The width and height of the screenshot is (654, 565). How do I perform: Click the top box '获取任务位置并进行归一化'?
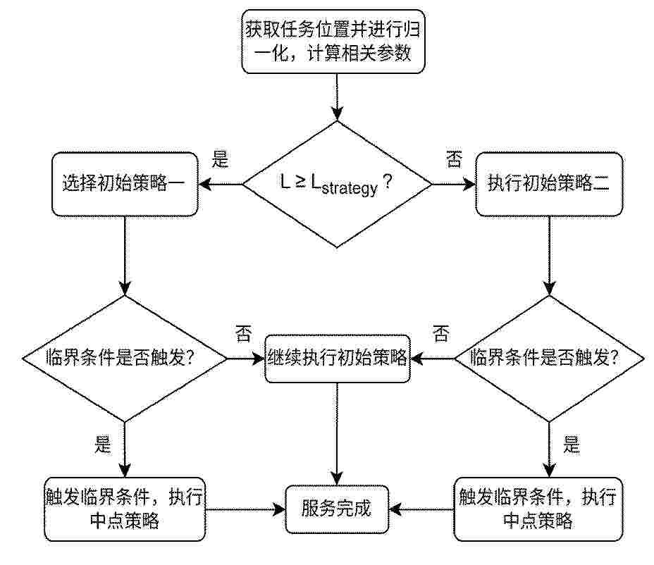333,42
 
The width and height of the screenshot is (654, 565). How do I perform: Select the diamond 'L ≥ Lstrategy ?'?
337,185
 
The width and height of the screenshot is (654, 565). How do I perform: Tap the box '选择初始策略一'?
125,184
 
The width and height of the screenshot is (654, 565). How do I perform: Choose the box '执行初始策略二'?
549,184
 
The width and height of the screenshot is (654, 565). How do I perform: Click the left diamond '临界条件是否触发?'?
125,359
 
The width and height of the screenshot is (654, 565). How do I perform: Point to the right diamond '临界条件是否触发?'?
549,359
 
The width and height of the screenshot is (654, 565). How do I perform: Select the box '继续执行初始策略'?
338,358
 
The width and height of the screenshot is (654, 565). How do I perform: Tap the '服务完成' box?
337,509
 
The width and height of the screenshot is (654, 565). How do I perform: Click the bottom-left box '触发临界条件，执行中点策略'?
125,509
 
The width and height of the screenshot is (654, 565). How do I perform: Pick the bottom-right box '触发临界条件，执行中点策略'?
538,509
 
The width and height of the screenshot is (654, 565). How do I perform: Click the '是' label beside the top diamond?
220,159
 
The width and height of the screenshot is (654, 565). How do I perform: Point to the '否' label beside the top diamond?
455,159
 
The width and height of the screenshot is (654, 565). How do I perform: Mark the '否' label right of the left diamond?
244,334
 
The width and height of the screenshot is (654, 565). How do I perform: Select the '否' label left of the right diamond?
441,334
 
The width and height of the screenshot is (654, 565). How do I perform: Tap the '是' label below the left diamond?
103,445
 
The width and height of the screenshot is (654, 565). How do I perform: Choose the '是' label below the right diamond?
572,445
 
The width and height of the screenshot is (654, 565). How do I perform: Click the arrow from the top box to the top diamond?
337,97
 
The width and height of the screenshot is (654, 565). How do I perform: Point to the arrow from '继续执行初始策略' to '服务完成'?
337,434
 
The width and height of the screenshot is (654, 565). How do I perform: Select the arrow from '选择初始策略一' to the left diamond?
125,256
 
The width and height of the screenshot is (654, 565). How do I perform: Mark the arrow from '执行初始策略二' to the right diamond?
549,256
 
